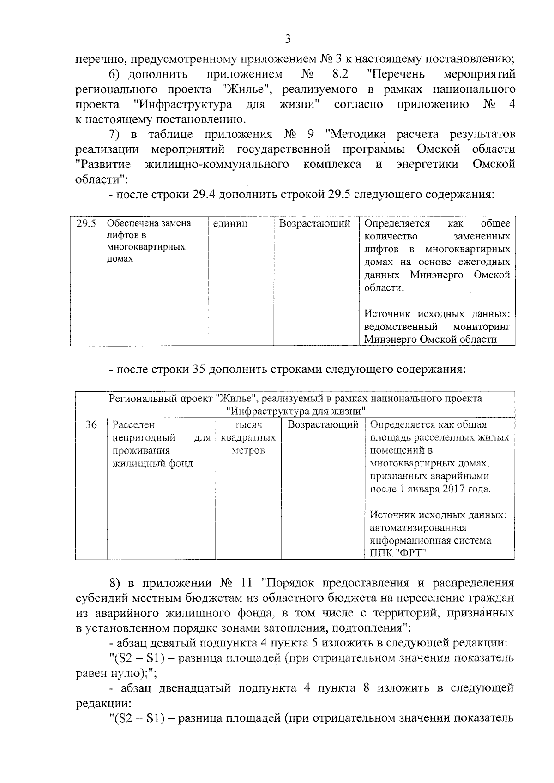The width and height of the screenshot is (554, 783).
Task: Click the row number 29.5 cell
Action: [86, 224]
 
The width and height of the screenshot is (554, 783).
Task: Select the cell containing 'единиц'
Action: [230, 224]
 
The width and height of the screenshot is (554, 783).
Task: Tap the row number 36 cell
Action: [91, 424]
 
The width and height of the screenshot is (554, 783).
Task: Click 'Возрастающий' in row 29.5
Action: [315, 224]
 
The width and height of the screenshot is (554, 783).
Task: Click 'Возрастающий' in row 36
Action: [323, 424]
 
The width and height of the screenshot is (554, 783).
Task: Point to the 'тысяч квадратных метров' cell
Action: [248, 437]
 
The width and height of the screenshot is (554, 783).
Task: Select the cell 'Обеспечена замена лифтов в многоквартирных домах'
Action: [149, 241]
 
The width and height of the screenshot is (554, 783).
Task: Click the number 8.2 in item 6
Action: [340, 74]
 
